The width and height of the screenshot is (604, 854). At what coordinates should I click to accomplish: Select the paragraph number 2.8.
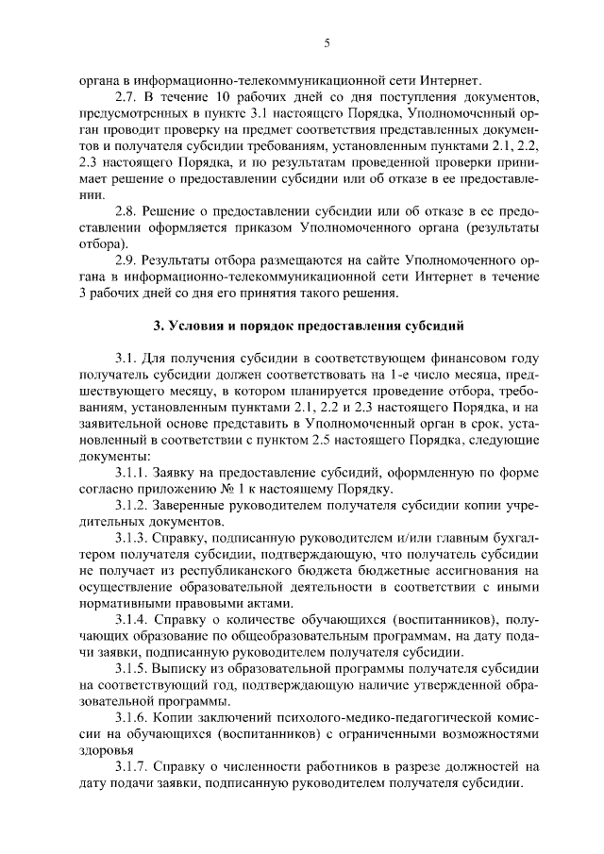click(126, 210)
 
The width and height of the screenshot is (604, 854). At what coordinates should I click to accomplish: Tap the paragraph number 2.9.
click(126, 260)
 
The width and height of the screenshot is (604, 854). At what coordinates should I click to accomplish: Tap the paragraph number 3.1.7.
click(130, 765)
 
